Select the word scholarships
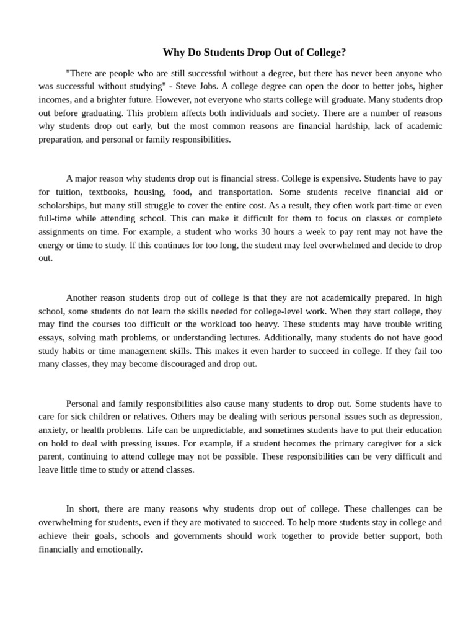pyautogui.click(x=62, y=205)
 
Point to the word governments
pyautogui.click(x=198, y=536)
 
